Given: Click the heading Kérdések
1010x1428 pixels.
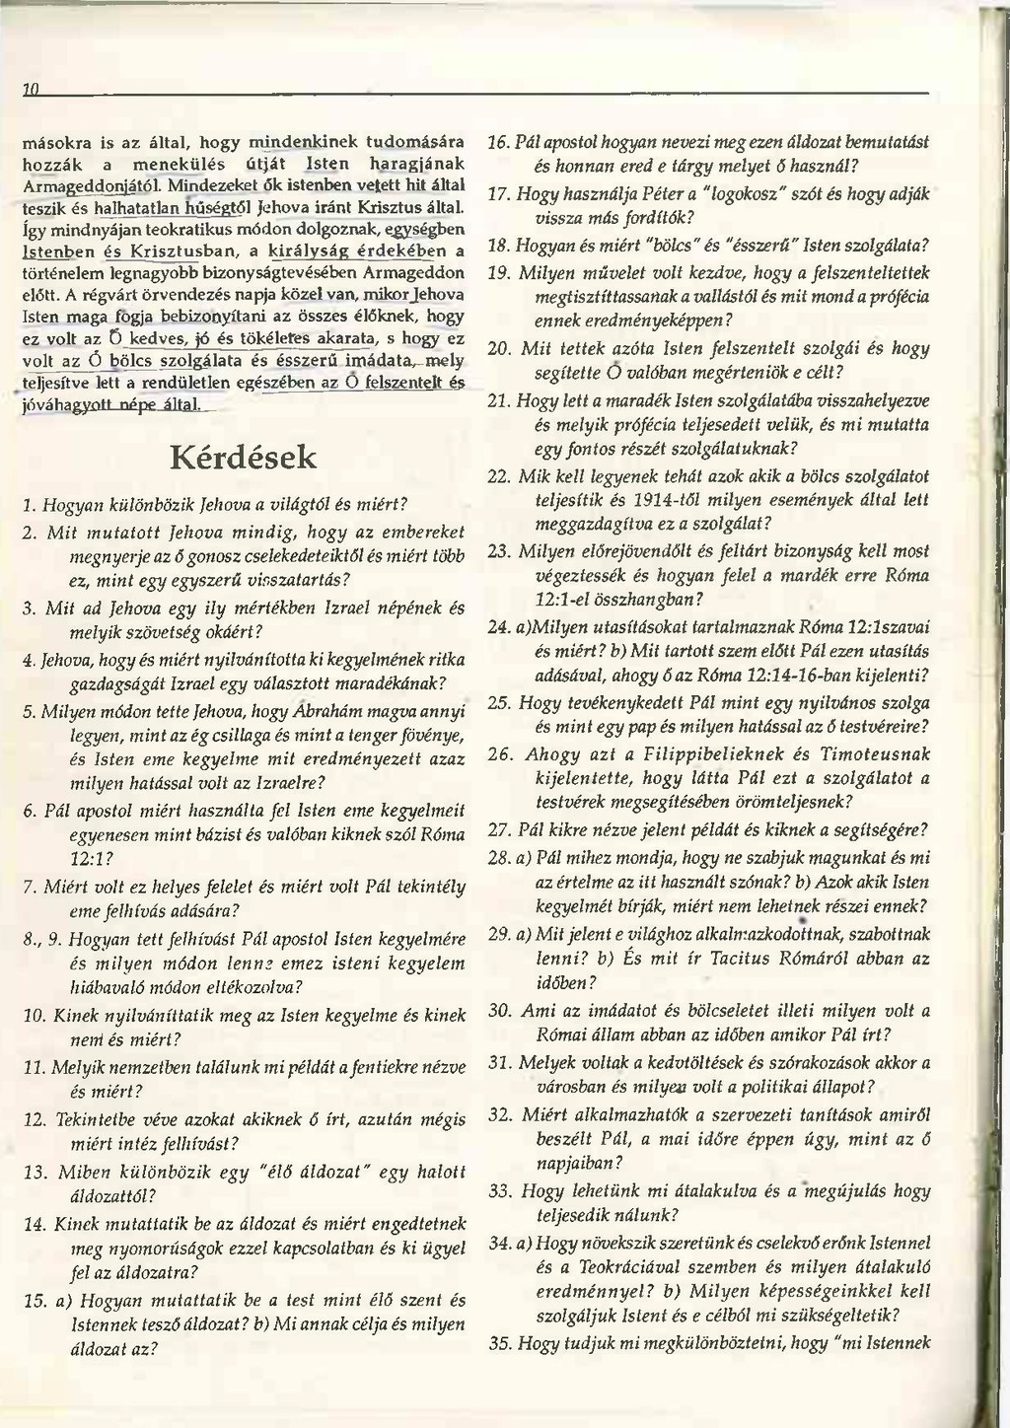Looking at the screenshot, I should (x=245, y=457).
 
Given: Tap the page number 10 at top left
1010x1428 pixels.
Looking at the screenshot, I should (x=30, y=90).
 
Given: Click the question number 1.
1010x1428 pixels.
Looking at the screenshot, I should (x=27, y=505).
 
